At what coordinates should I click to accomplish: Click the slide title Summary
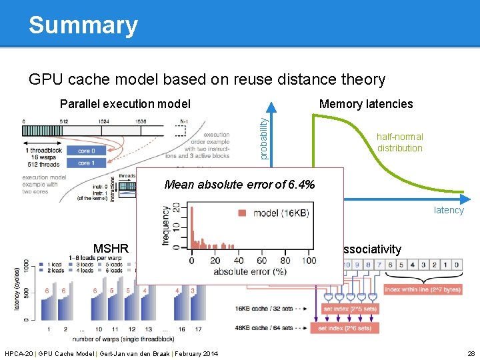click(x=83, y=25)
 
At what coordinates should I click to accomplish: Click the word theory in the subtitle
click(x=359, y=80)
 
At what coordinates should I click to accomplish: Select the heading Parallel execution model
click(x=125, y=104)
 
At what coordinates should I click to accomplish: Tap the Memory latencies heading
click(x=366, y=104)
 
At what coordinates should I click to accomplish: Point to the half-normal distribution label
click(x=399, y=143)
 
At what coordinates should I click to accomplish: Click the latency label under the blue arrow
click(x=448, y=210)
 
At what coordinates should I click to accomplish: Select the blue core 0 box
click(x=84, y=151)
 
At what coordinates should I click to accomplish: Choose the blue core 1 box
click(x=84, y=163)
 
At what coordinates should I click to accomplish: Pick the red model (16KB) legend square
click(x=240, y=213)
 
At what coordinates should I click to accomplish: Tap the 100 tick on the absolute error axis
click(x=309, y=261)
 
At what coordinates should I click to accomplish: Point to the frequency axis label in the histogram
click(x=167, y=225)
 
